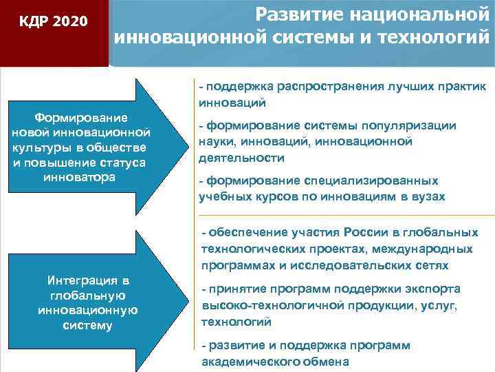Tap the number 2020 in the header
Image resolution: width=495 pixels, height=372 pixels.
point(69,22)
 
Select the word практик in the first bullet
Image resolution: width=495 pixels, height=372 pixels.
point(461,87)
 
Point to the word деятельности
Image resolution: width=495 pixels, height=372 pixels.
point(232,158)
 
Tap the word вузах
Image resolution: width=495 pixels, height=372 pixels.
point(429,196)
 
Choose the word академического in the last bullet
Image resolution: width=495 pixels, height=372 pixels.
point(247,362)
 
